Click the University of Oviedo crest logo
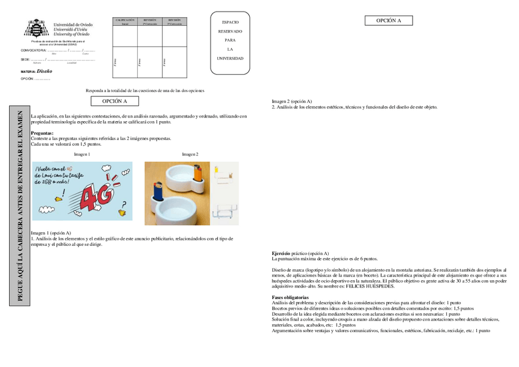pos(36,29)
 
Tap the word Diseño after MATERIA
pos(44,71)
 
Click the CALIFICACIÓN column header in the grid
pos(125,21)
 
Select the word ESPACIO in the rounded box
pos(230,22)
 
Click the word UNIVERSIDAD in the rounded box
pos(230,59)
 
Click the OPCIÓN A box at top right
pos(389,20)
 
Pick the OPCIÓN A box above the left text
pos(114,101)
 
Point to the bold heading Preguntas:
pos(42,133)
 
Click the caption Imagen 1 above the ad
pos(81,155)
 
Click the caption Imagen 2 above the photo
pos(190,155)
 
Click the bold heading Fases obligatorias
pos(292,297)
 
